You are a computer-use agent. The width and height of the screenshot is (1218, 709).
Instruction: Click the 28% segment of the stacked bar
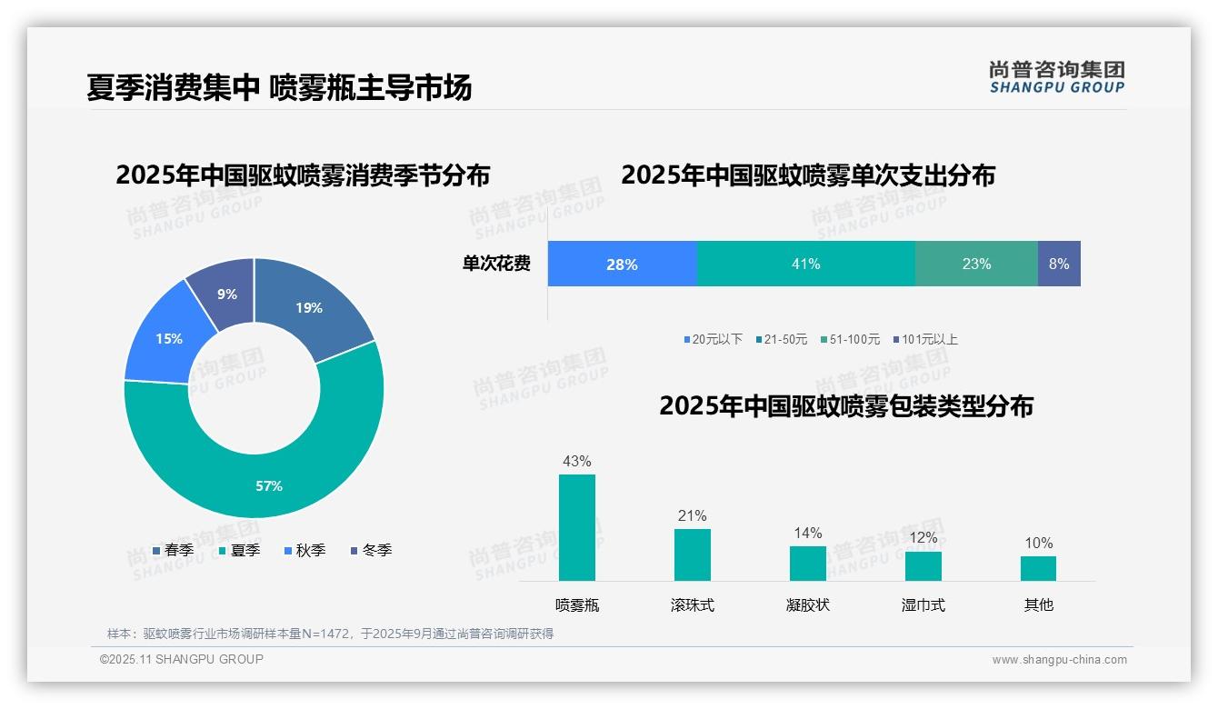(x=623, y=264)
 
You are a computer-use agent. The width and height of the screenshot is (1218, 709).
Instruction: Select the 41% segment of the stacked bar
(x=806, y=264)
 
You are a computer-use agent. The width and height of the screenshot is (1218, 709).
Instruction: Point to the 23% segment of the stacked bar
(x=976, y=264)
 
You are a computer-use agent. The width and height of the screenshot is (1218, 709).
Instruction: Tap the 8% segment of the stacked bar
(x=1059, y=264)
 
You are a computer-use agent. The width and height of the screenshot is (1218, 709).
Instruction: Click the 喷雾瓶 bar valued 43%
(x=577, y=527)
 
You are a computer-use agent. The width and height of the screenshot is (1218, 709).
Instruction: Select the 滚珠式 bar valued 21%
(x=693, y=554)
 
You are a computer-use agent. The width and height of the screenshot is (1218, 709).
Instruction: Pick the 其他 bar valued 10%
(x=1038, y=568)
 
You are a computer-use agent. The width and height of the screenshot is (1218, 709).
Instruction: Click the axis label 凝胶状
(x=808, y=604)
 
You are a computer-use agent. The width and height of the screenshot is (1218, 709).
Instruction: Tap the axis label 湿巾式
(x=923, y=604)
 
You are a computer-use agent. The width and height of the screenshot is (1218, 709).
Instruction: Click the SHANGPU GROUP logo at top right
(x=1057, y=77)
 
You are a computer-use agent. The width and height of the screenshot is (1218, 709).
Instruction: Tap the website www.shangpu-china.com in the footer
(x=1059, y=660)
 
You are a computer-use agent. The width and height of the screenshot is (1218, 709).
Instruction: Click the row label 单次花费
(x=496, y=264)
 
